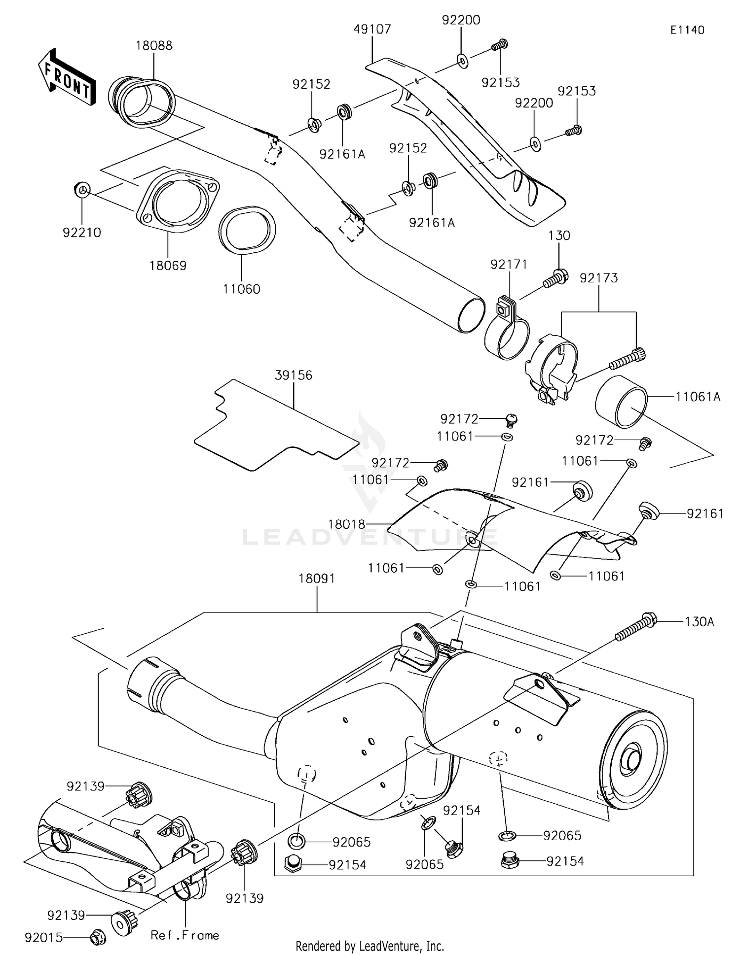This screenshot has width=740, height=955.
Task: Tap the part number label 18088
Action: pos(154,46)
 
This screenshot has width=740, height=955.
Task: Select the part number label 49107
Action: pos(372,30)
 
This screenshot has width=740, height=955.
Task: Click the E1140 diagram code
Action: pos(687,30)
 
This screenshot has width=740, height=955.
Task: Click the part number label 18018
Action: pos(346,524)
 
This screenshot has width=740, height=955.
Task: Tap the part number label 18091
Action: pos(316,578)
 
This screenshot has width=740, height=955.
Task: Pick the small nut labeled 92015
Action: pos(97,937)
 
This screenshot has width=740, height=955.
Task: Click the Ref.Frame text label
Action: pos(185,935)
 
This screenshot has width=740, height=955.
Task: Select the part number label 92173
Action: pos(598,278)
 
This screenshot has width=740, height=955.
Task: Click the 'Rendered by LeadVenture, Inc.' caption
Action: pos(370,946)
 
